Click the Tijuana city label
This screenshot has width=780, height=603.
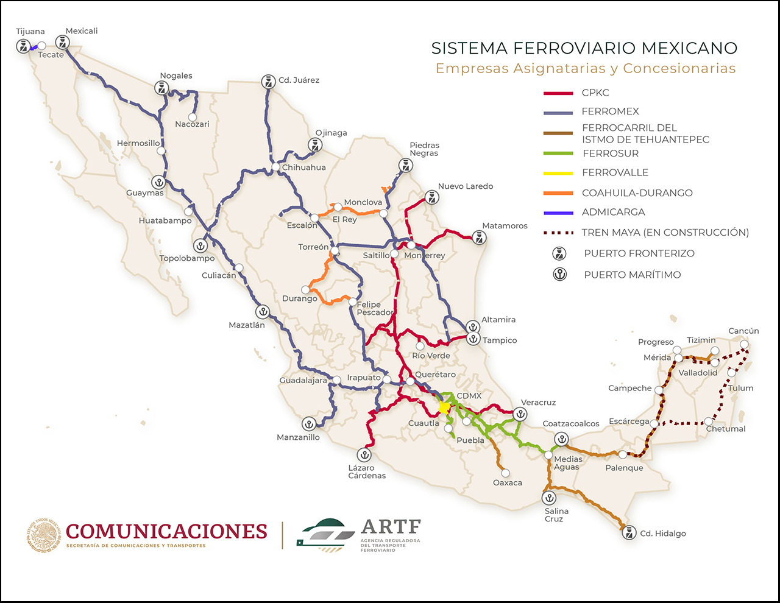click(x=30, y=32)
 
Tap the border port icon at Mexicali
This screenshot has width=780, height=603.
click(x=62, y=43)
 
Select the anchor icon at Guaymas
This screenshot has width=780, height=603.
click(x=158, y=182)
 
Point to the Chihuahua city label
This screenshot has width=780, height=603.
click(x=303, y=167)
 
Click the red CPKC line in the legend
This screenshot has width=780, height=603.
click(x=558, y=93)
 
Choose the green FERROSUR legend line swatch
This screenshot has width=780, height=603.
click(x=558, y=153)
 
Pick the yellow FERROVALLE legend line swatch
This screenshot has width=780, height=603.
click(x=558, y=173)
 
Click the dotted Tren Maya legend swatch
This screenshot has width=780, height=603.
click(x=558, y=233)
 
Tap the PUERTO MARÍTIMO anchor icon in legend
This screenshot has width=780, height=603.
click(x=559, y=274)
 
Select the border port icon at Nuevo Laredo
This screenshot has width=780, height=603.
click(x=432, y=197)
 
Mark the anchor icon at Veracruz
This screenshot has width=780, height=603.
click(x=520, y=414)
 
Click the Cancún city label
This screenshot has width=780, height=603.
click(x=743, y=331)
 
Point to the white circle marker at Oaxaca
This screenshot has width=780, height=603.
click(x=505, y=473)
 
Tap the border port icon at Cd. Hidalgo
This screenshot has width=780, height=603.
click(x=629, y=533)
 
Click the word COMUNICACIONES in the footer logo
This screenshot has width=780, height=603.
click(x=166, y=531)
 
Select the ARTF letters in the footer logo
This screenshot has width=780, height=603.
click(x=391, y=527)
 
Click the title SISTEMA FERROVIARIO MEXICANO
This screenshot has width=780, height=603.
click(x=584, y=48)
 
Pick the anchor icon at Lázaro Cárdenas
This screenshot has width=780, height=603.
click(x=364, y=454)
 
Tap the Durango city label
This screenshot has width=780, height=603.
click(x=299, y=298)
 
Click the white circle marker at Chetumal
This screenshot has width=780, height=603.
click(x=709, y=421)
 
